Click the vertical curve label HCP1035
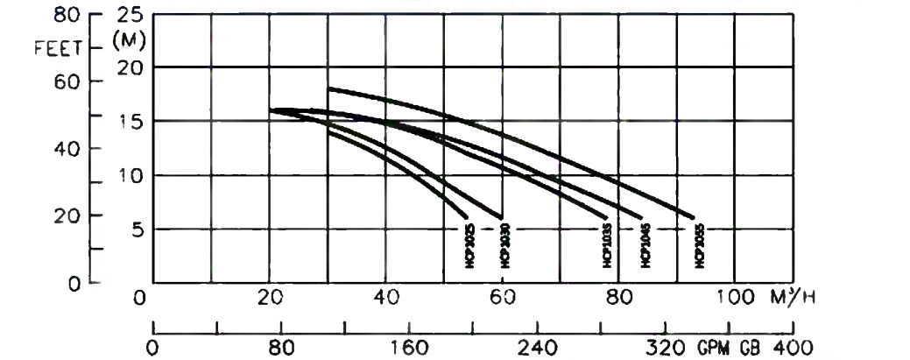(606, 244)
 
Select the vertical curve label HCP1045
(645, 244)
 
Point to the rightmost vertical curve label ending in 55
(699, 244)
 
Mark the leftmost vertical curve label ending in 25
(469, 244)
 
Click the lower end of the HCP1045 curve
(643, 217)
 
